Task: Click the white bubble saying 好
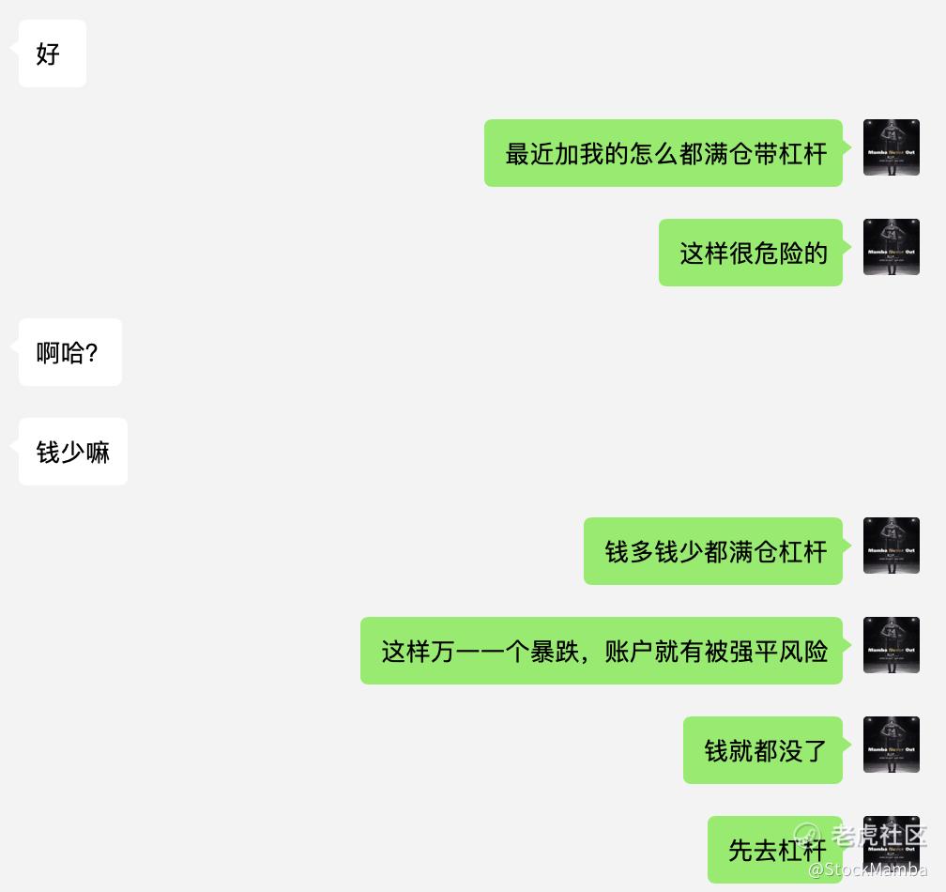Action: click(x=52, y=54)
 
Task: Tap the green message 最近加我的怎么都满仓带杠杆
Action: click(x=664, y=153)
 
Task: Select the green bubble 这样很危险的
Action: click(x=751, y=253)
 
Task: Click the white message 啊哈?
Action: click(x=69, y=352)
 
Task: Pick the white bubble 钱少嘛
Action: click(x=72, y=452)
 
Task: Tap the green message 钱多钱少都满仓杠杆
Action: click(x=713, y=551)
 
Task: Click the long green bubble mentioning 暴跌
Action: click(x=602, y=651)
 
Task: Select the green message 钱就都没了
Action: click(x=763, y=750)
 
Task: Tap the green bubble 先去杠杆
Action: click(x=775, y=849)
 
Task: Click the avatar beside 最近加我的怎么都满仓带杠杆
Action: click(x=892, y=147)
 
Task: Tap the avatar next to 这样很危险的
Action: click(x=892, y=247)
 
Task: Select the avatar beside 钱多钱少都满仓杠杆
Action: click(x=892, y=546)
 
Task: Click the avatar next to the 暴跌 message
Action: click(x=892, y=645)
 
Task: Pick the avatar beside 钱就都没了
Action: click(x=892, y=745)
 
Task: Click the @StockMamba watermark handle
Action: click(x=867, y=870)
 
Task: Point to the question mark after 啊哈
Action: click(x=91, y=353)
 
